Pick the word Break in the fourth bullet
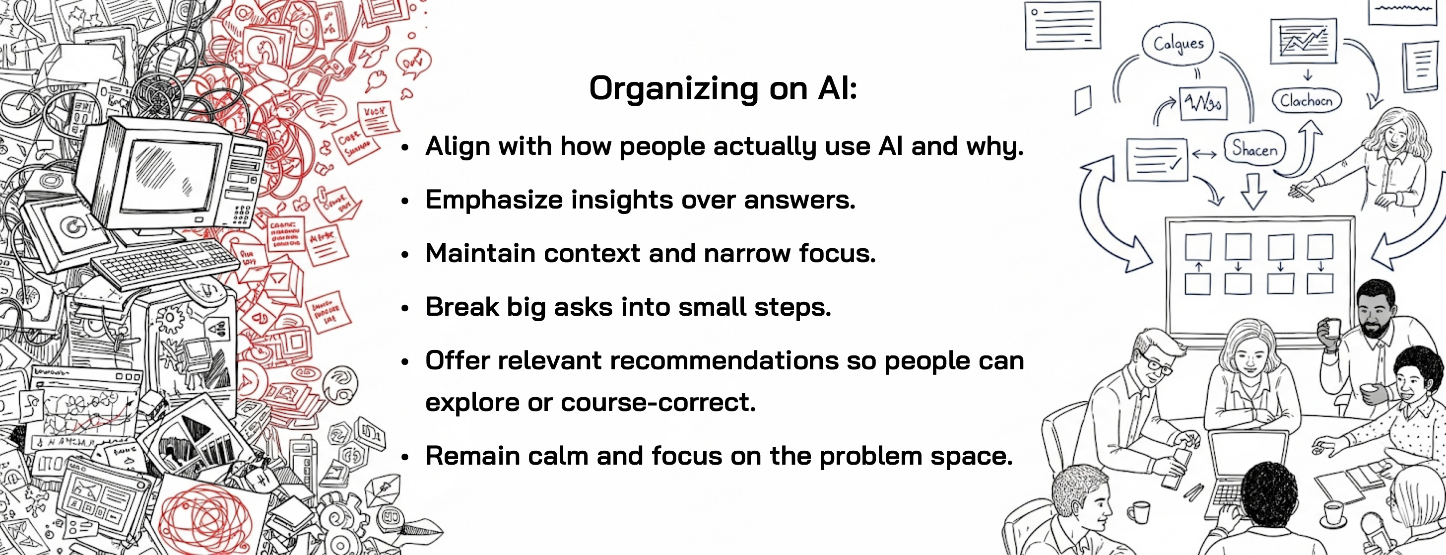point(461,307)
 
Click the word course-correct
point(658,402)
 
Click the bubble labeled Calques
point(1178,43)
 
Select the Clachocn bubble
point(1306,101)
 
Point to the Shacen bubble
point(1254,149)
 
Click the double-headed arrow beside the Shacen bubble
point(1204,154)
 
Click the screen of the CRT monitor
point(168,175)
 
